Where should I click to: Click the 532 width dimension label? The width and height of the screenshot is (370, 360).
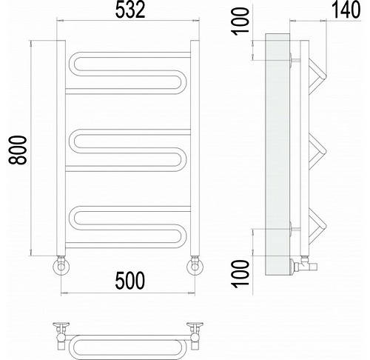130,10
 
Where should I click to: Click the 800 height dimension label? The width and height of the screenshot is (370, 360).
18,150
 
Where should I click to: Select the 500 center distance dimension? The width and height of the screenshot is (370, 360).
130,281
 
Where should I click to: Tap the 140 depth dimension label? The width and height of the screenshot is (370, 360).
346,10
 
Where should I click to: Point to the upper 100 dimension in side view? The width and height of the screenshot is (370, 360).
240,21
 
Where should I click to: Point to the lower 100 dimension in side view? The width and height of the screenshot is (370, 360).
240,273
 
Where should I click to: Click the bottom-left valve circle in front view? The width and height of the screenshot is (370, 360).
61,267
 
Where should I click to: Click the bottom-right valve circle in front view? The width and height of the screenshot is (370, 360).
195,267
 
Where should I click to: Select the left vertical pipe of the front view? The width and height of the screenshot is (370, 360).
61,148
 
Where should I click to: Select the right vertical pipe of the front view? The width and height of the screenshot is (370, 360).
195,148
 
